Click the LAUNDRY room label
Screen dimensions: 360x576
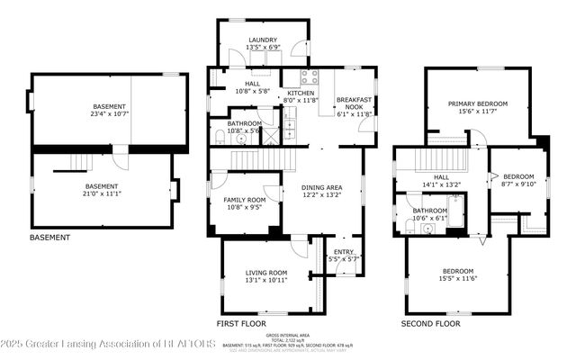point(263,40)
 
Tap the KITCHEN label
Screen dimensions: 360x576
point(300,93)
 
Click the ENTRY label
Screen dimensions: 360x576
point(343,252)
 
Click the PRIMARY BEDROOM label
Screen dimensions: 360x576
point(479,103)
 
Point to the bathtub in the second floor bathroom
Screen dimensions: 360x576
point(453,215)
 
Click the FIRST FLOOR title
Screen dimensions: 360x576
point(240,322)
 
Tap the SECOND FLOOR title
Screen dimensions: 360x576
point(430,322)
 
